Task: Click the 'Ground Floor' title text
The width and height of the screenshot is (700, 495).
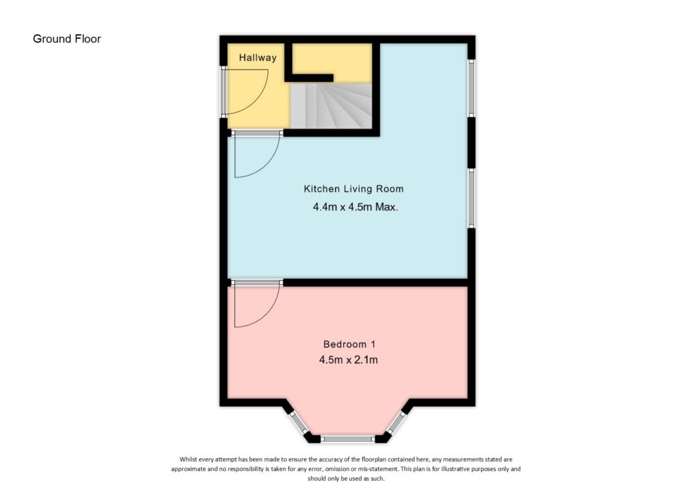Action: click(67, 39)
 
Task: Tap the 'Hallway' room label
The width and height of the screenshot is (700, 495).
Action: click(258, 57)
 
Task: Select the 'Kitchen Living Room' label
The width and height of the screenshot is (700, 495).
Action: click(353, 189)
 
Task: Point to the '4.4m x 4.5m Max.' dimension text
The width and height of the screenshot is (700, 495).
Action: click(355, 206)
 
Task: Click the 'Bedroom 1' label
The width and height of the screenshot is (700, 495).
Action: click(349, 344)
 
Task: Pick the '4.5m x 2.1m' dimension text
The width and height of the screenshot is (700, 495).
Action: click(349, 360)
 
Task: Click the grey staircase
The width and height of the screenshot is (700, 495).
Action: click(332, 106)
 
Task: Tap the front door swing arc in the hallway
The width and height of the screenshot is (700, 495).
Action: click(246, 92)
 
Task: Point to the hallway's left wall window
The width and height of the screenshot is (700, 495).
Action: click(223, 91)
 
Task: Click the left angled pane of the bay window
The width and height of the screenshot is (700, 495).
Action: click(297, 423)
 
